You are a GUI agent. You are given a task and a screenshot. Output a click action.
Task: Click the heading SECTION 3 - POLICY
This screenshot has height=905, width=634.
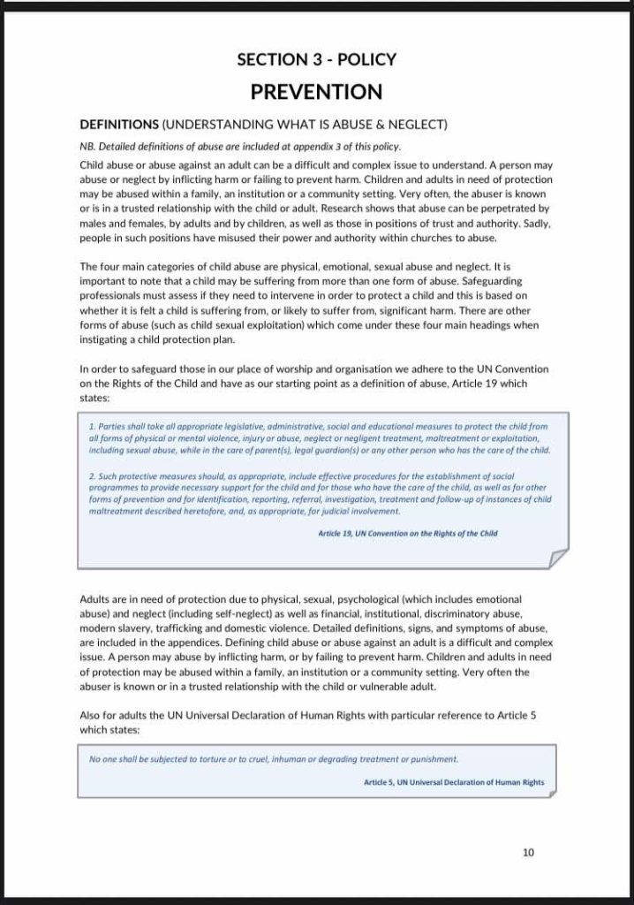click(316, 60)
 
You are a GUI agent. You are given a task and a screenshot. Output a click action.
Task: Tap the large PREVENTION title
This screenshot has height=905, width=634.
click(316, 92)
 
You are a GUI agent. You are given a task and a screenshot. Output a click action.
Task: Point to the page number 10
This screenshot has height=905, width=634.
click(529, 853)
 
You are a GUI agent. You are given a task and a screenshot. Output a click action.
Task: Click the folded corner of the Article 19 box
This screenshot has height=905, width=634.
click(558, 558)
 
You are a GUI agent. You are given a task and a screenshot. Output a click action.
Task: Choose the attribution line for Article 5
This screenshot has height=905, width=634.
click(454, 782)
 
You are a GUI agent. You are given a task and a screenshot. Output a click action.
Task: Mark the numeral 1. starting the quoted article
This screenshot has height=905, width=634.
click(93, 426)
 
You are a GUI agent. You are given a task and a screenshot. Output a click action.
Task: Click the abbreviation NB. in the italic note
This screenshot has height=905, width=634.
click(87, 147)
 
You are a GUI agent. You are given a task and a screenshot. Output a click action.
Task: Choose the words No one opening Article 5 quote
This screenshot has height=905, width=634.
click(102, 759)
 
